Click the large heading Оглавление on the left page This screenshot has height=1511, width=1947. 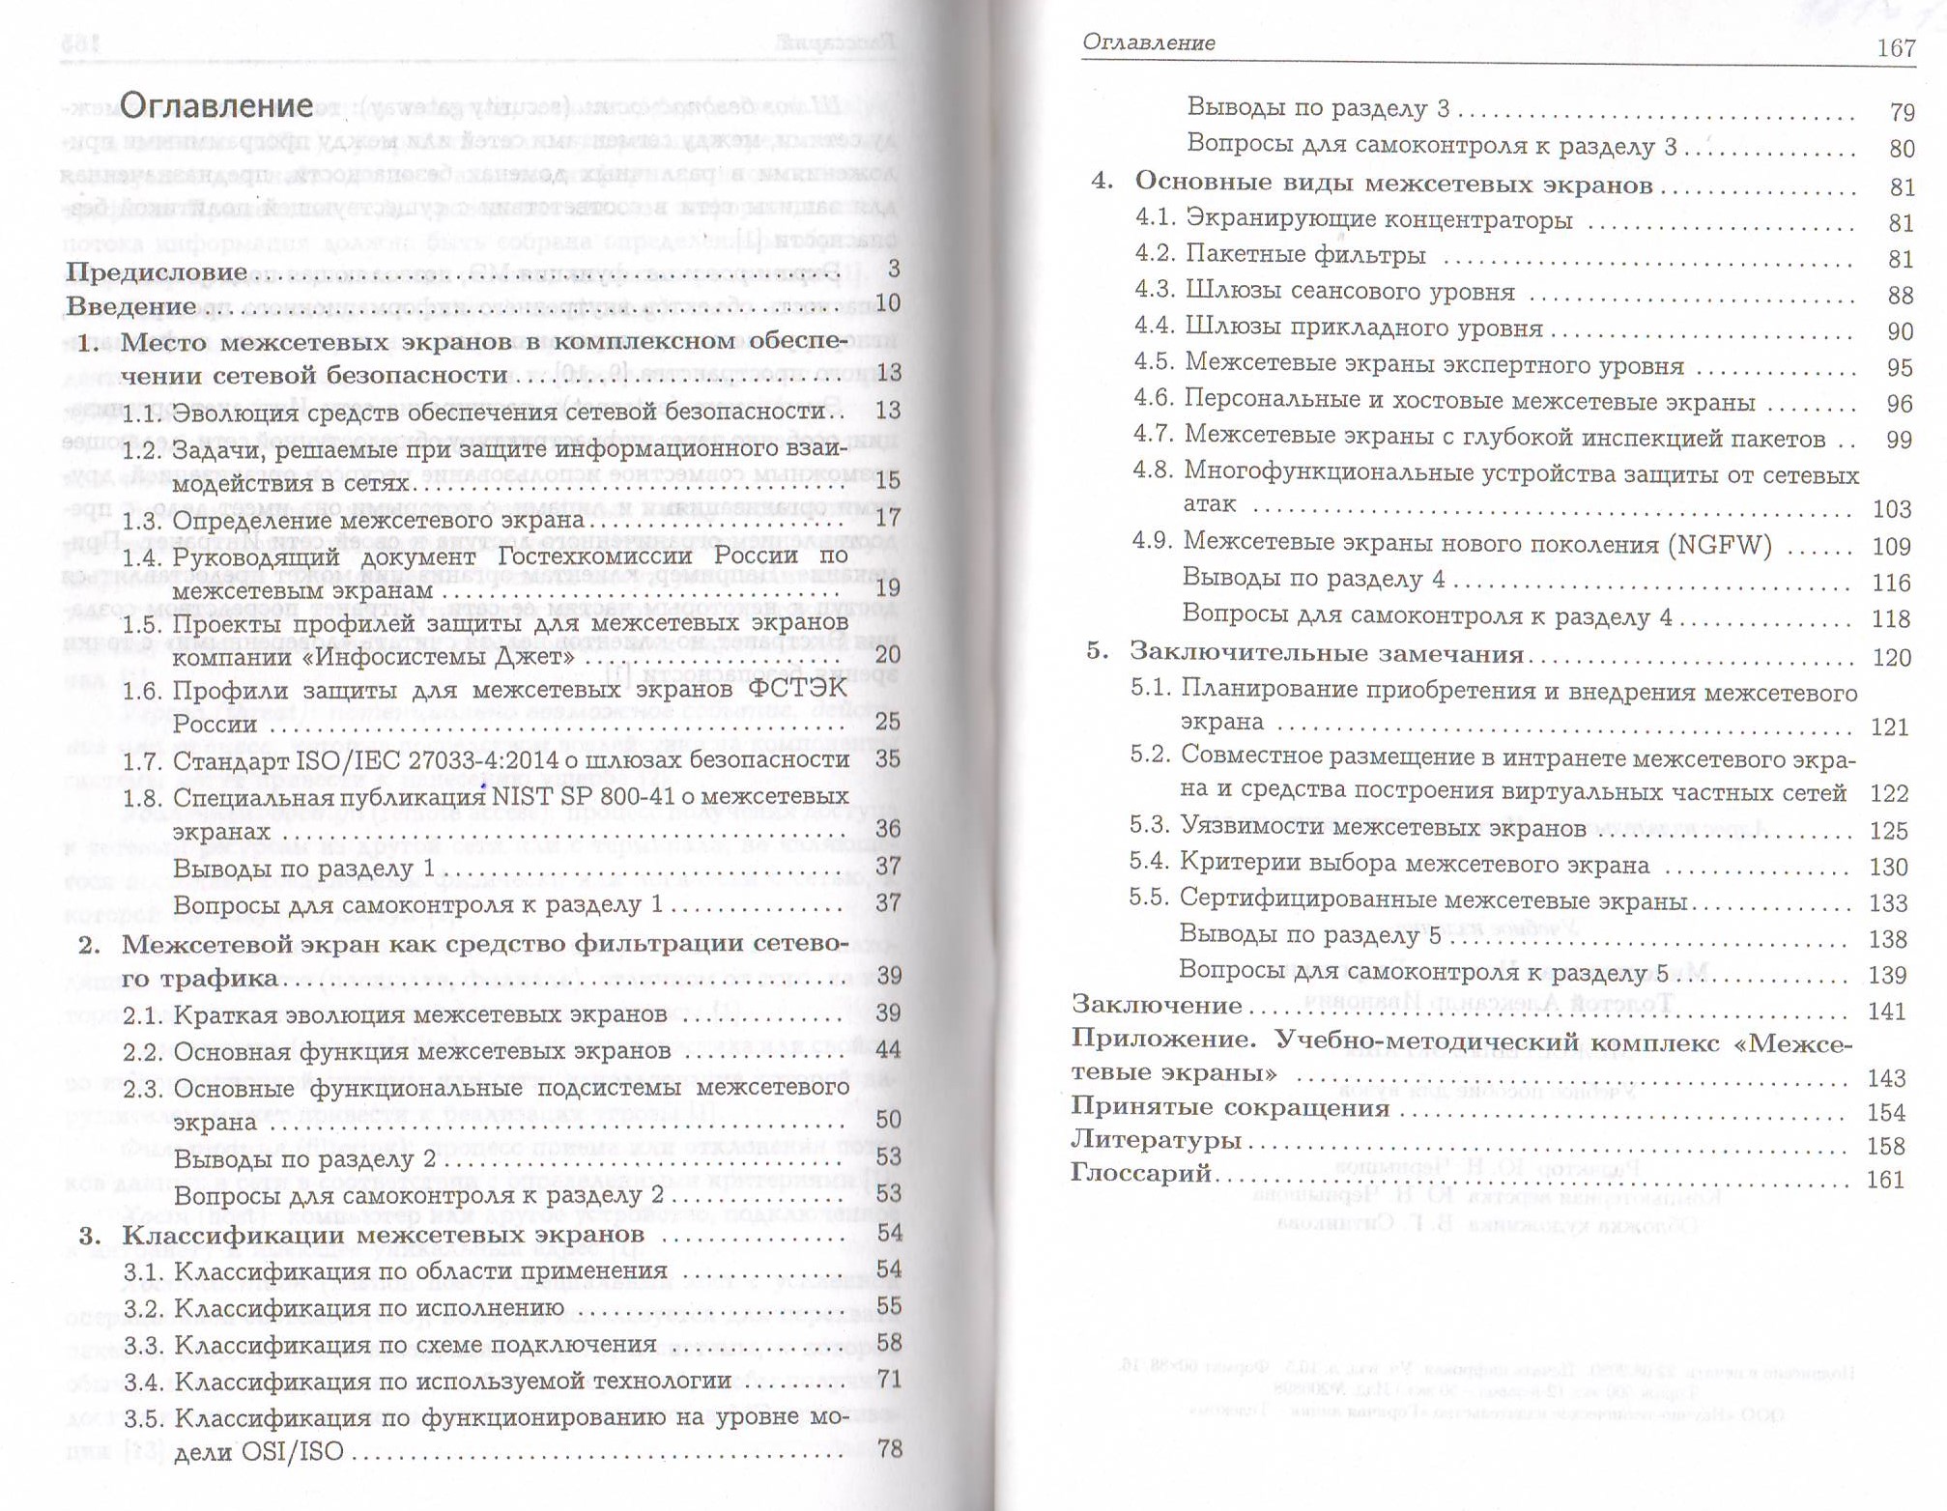pyautogui.click(x=216, y=105)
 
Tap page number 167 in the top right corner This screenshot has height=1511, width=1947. pyautogui.click(x=1895, y=48)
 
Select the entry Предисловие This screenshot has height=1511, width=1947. pyautogui.click(x=157, y=272)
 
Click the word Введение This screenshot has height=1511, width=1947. pyautogui.click(x=131, y=307)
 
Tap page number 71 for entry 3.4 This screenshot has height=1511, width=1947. pyautogui.click(x=888, y=1379)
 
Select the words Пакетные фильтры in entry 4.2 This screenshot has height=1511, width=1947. pyautogui.click(x=1305, y=255)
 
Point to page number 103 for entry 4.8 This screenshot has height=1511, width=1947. pyautogui.click(x=1891, y=509)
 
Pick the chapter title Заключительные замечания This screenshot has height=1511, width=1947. pyautogui.click(x=1327, y=653)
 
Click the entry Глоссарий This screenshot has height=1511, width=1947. pyautogui.click(x=1140, y=1173)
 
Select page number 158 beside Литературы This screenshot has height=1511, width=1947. pyautogui.click(x=1885, y=1146)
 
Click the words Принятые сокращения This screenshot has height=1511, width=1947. pyautogui.click(x=1230, y=1107)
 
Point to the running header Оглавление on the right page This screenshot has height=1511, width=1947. pyautogui.click(x=1149, y=43)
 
